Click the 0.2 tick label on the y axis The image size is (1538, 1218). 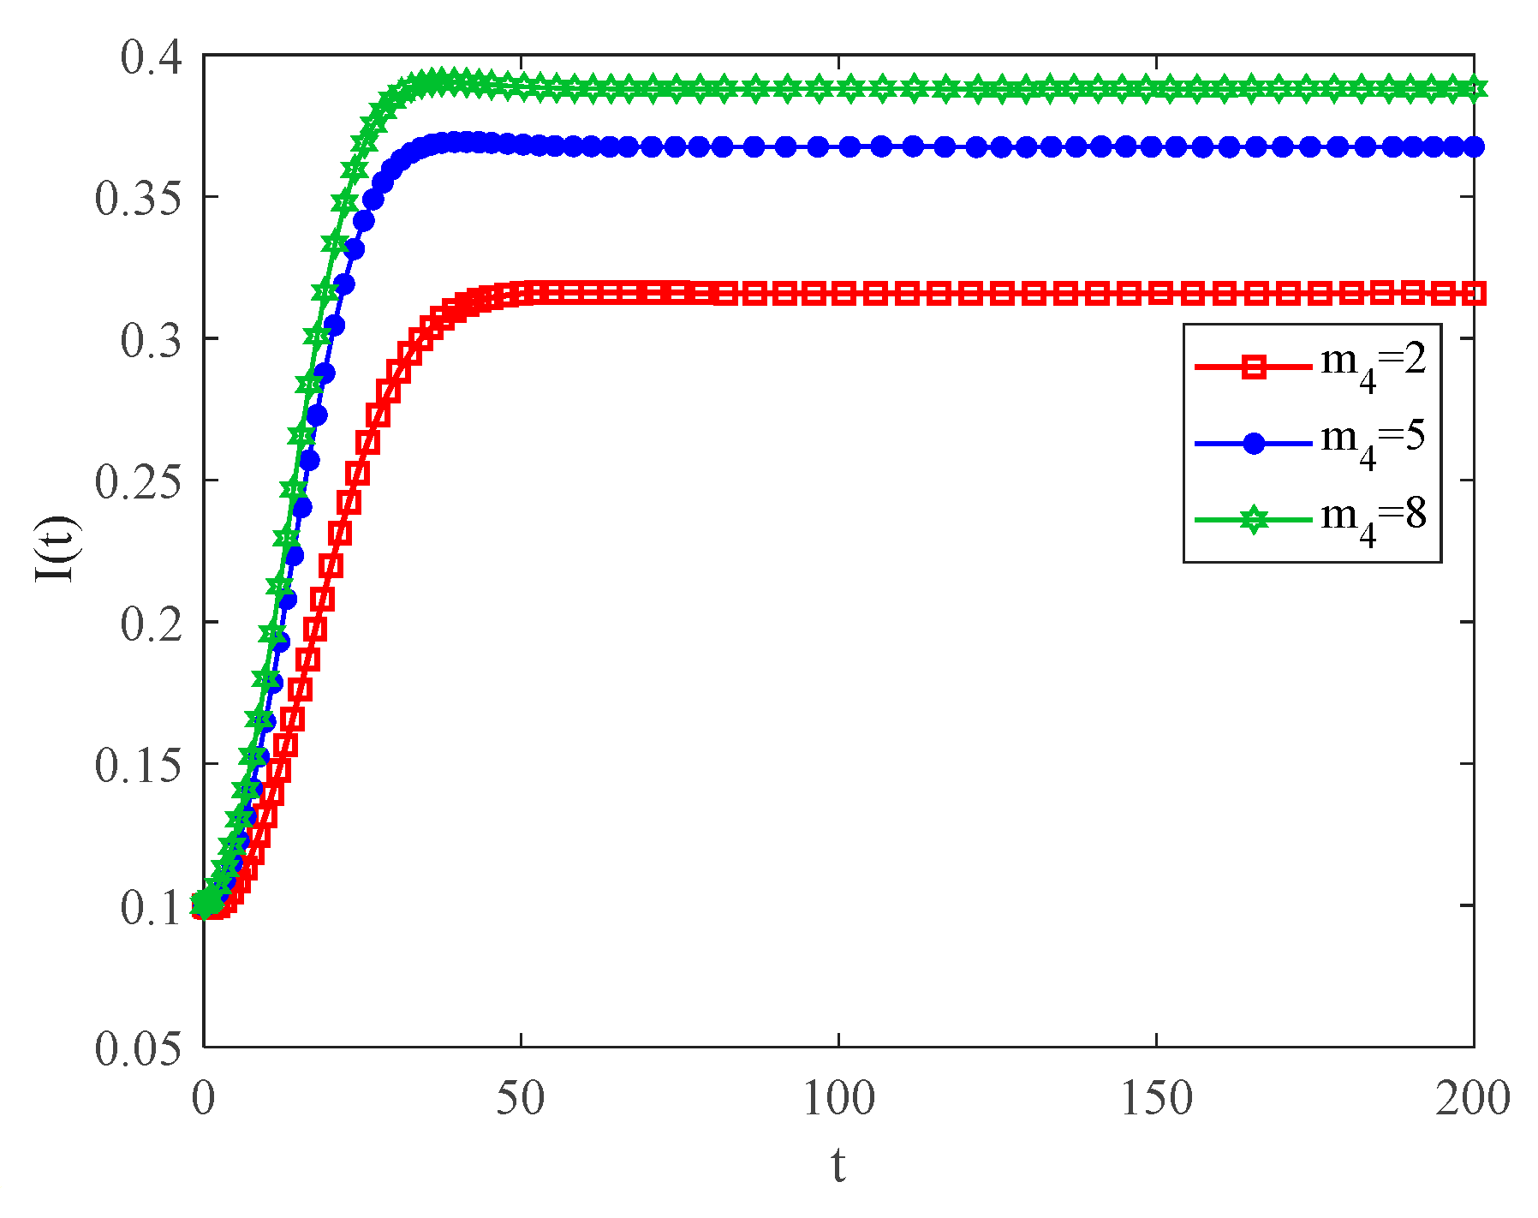click(151, 624)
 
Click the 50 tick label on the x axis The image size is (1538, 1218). click(521, 1099)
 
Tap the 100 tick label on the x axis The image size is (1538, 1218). click(838, 1099)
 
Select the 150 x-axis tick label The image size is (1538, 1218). click(1156, 1099)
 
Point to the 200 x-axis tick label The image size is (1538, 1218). click(1473, 1099)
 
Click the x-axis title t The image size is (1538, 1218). click(838, 1167)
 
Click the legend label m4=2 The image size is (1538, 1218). click(1374, 363)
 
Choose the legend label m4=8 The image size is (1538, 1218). click(1374, 516)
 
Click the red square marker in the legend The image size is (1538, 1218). click(1254, 367)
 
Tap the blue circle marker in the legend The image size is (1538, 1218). click(1254, 444)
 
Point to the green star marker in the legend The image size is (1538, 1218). click(1254, 520)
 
